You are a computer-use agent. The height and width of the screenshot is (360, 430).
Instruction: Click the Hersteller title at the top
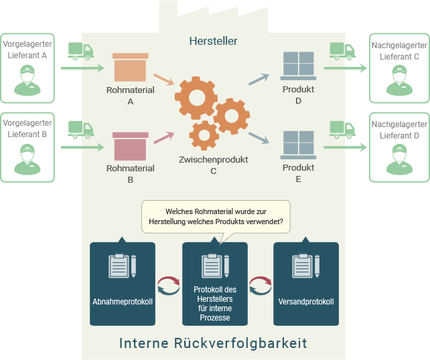214,41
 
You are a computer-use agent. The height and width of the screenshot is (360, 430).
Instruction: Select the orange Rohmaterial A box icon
130,68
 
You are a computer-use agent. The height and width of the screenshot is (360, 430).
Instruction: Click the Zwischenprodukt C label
213,165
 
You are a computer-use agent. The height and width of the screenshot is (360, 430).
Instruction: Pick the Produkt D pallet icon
298,66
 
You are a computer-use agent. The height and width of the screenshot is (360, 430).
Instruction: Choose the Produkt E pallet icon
298,145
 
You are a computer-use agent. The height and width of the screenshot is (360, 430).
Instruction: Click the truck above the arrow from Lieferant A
81,51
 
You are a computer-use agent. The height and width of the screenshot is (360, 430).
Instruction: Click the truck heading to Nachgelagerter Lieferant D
342,128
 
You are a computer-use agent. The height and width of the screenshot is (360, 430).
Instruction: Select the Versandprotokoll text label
306,302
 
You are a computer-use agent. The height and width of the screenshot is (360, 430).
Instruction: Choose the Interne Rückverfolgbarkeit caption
213,343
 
